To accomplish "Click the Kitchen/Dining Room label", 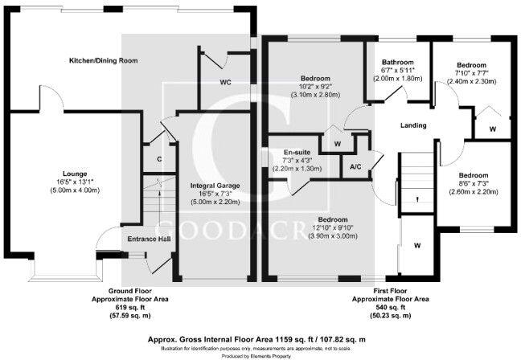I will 103,61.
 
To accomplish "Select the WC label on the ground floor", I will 225,82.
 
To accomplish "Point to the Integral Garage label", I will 215,186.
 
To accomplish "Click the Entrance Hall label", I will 148,239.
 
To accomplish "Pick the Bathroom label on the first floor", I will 397,63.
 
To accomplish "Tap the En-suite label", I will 297,152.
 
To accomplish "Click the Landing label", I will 412,125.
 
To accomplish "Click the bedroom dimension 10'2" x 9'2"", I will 315,86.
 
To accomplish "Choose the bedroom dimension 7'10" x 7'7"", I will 471,73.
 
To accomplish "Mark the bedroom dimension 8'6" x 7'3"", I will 474,184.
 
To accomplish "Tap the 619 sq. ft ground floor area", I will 138,307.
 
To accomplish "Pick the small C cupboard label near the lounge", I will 159,159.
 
